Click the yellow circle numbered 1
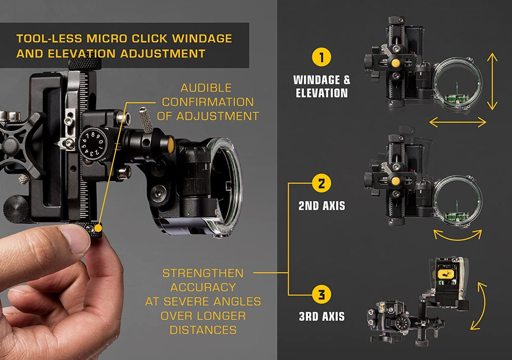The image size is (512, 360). [x=321, y=57]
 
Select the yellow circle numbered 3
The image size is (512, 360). [x=321, y=294]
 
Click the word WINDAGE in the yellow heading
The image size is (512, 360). [x=202, y=39]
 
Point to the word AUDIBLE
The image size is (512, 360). [x=206, y=88]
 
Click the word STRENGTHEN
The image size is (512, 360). [x=203, y=273]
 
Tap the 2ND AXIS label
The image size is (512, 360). [x=322, y=206]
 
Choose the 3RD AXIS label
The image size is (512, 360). [x=322, y=316]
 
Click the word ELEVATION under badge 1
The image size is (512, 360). [x=322, y=93]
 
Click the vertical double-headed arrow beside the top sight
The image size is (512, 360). [x=492, y=81]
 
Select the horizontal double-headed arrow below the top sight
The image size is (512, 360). [x=458, y=122]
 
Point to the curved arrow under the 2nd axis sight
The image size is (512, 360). [x=458, y=237]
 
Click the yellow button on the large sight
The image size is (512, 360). [x=171, y=145]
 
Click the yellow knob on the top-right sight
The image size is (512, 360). [x=395, y=63]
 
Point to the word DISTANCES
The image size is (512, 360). [x=203, y=330]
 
